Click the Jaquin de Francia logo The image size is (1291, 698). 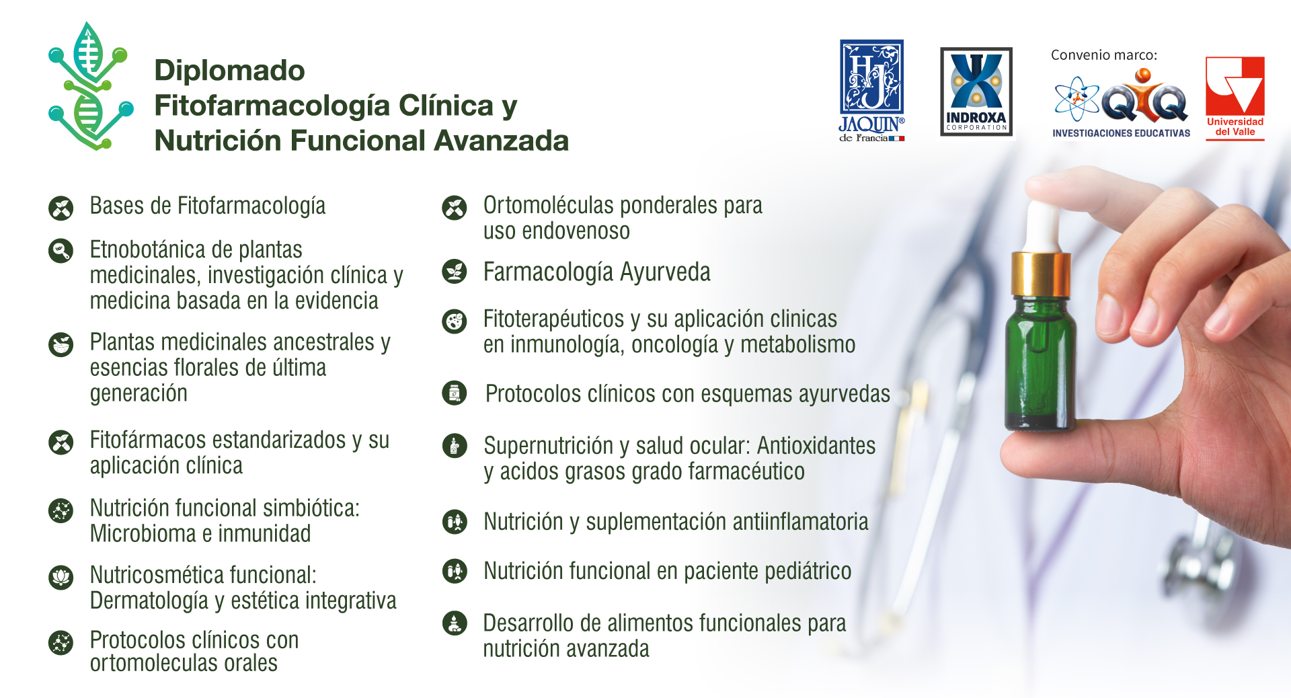coord(871,91)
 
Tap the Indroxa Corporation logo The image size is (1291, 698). coord(976,91)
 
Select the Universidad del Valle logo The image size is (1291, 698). coord(1235,98)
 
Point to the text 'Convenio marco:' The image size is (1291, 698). coord(1104,55)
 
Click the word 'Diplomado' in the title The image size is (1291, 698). coord(230,71)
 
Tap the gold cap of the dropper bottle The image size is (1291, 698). coord(1042,274)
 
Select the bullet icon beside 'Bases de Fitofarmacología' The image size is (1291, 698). coord(61,208)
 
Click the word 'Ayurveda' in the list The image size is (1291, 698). coord(665,272)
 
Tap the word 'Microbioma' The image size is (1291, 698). coord(143,534)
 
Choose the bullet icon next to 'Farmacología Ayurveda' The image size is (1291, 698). coord(455,272)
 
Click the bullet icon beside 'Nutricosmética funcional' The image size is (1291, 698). coord(61,577)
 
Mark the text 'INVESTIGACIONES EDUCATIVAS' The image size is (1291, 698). coord(1121,133)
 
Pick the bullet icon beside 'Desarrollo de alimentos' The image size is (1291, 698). coord(455,623)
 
